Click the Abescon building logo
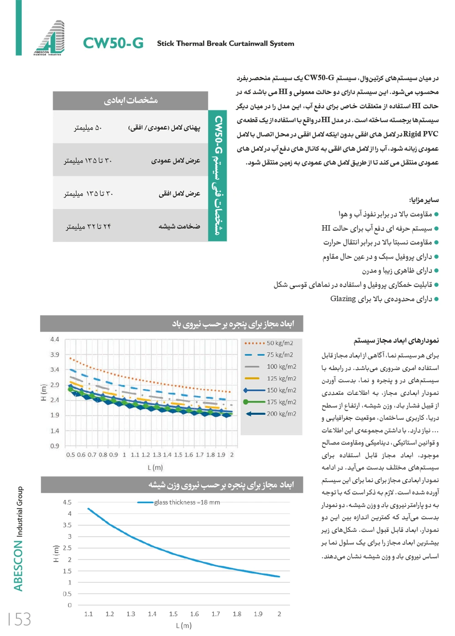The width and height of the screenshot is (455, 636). point(50,37)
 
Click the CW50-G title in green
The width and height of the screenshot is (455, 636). point(113,43)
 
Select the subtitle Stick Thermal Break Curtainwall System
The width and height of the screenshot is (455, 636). point(225,44)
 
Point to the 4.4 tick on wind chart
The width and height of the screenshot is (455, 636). point(55,339)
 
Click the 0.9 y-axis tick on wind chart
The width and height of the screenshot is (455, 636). point(55,446)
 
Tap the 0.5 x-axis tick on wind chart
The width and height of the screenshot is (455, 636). point(71,454)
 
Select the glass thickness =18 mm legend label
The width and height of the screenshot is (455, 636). point(187,502)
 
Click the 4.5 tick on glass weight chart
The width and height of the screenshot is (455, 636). point(67,502)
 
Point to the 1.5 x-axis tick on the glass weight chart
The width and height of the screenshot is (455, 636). point(173,614)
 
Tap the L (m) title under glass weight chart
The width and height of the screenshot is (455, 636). point(183,626)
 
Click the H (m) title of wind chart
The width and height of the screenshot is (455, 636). point(44,392)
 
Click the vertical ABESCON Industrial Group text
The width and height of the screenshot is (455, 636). point(18,539)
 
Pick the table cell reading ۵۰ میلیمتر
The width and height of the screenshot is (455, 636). point(88,128)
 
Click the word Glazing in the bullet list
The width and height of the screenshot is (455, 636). point(343,298)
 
